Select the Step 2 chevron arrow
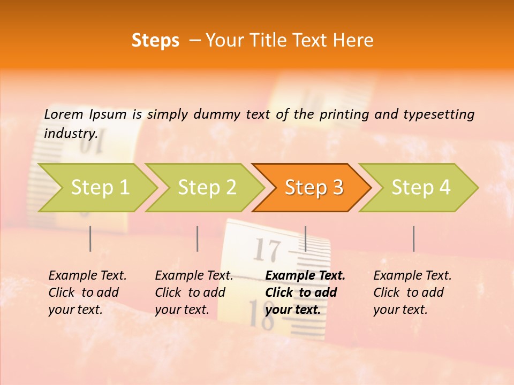point(207,188)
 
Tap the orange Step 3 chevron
point(313,188)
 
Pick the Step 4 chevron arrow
point(420,188)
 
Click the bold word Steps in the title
point(155,41)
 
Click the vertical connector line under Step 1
point(90,238)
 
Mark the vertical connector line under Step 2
point(198,238)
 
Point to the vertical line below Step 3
point(305,238)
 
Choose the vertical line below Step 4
point(413,238)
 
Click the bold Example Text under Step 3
point(305,276)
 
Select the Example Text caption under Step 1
point(87,276)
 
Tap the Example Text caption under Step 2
point(194,276)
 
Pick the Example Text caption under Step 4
point(412,276)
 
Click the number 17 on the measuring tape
point(266,250)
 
